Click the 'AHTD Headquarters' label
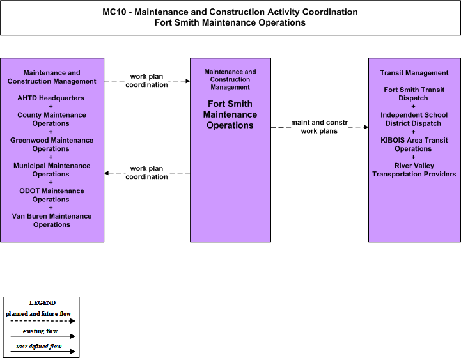[x=51, y=98]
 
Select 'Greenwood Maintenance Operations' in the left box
[x=52, y=145]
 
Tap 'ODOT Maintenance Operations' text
[x=52, y=195]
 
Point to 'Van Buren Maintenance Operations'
[x=52, y=221]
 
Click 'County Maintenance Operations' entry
[x=52, y=119]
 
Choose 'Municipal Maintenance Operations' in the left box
[x=52, y=169]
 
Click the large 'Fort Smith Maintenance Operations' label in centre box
[x=230, y=114]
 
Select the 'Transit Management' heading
[x=414, y=73]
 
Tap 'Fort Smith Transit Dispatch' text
[x=414, y=94]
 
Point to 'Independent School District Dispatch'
[x=414, y=119]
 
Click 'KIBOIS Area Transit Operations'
[x=414, y=145]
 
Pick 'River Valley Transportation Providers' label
[x=414, y=169]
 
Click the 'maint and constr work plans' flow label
[x=319, y=127]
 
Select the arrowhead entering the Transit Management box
[x=366, y=127]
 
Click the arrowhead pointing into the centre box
[x=187, y=81]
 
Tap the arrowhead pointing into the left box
[x=107, y=173]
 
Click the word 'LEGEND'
[x=42, y=303]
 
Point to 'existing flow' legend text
[x=40, y=331]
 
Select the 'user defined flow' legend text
[x=39, y=347]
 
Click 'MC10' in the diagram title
[x=114, y=12]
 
